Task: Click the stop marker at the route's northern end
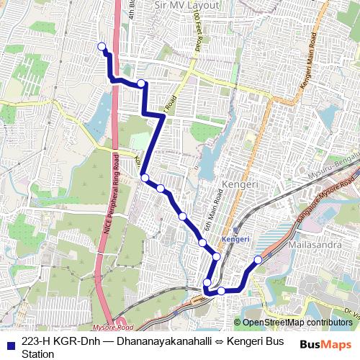coord(102,48)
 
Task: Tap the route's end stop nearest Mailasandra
coord(258,260)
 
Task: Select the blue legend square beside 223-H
coord(12,343)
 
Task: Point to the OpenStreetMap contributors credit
coord(297,323)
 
